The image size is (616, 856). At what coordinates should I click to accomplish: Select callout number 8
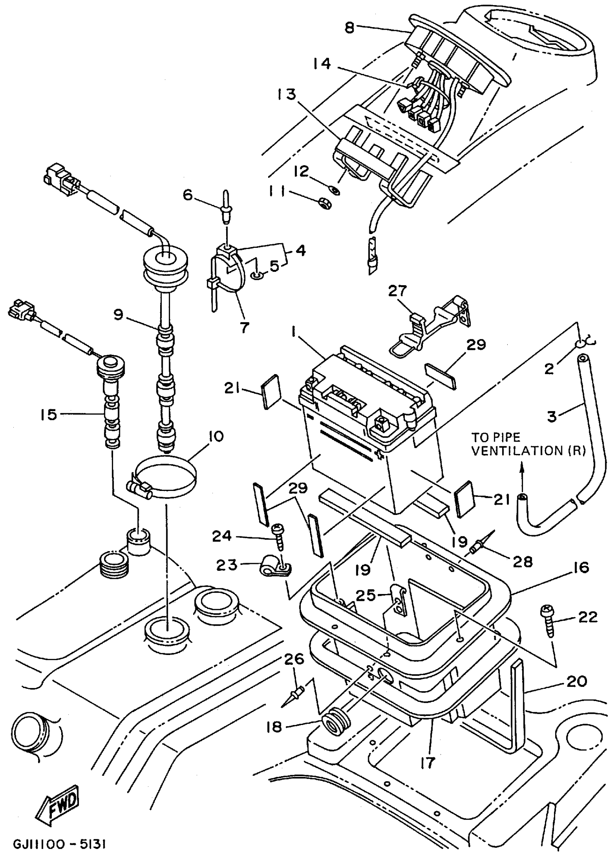[x=349, y=28]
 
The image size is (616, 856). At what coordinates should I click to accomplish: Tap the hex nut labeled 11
[x=325, y=203]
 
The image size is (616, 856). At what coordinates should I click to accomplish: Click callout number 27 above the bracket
[x=398, y=291]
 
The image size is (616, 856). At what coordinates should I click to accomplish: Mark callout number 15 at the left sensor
[x=49, y=414]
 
